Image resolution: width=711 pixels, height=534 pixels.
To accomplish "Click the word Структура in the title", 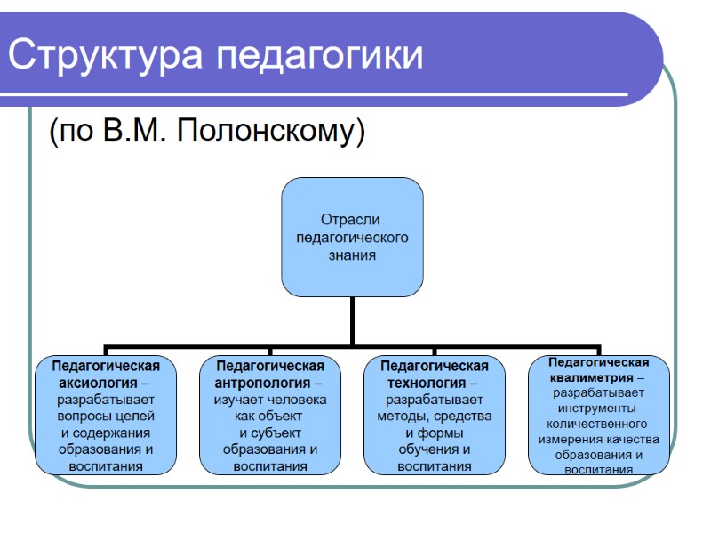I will [x=107, y=55].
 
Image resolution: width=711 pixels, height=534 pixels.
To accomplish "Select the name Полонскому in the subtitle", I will [x=271, y=132].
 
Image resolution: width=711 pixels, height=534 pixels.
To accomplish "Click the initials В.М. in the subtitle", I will [x=135, y=131].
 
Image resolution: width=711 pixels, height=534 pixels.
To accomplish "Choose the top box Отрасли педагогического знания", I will [x=352, y=237].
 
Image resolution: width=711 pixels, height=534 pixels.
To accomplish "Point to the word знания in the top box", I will [x=352, y=255].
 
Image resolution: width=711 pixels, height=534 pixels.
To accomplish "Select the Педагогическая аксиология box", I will [x=106, y=415].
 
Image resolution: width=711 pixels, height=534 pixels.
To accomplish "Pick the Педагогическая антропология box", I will [x=269, y=415].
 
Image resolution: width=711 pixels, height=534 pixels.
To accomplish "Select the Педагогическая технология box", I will [x=434, y=415].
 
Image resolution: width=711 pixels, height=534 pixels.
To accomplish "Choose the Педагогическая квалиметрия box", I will [x=598, y=415].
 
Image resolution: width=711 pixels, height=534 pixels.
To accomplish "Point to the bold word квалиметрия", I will [x=590, y=377].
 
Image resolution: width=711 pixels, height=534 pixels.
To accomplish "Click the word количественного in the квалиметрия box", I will [x=598, y=424].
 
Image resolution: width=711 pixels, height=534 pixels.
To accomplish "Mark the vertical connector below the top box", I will [x=352, y=320].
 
